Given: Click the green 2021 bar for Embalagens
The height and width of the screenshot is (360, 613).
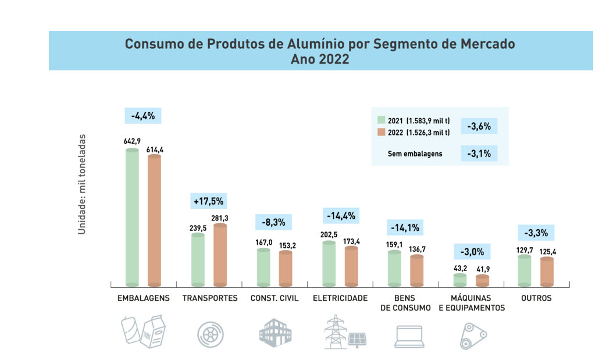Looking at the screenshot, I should pos(132,218).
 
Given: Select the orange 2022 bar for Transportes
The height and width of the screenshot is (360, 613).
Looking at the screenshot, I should pos(220,255).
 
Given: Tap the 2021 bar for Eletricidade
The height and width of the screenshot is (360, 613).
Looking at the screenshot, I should pos(329,263).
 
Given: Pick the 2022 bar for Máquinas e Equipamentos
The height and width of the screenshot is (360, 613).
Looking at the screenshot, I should pos(482,280).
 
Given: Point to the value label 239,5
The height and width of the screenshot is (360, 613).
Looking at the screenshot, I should pos(198,229).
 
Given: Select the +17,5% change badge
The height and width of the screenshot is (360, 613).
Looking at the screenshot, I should pos(208,201).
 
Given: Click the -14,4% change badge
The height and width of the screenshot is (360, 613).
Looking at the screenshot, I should pos(340,216).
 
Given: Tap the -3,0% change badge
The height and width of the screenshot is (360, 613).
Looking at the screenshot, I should pos(472,252).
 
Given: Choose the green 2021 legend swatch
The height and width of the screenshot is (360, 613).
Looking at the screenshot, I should pos(382,120).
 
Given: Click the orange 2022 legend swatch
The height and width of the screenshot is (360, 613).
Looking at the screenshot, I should pos(382,132).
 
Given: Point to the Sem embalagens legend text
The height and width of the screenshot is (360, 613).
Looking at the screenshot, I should pos(415,154).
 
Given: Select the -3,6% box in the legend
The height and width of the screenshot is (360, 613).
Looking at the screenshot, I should pos(479,126).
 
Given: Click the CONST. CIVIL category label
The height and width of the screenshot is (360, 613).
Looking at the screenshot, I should pos(275,298).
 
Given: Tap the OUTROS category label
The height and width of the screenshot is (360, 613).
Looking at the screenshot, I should pos(536,298).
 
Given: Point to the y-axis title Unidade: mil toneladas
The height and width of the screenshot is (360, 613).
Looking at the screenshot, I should pos(82,185).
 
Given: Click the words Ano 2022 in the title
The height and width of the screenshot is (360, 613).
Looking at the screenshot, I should pos(320,59).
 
